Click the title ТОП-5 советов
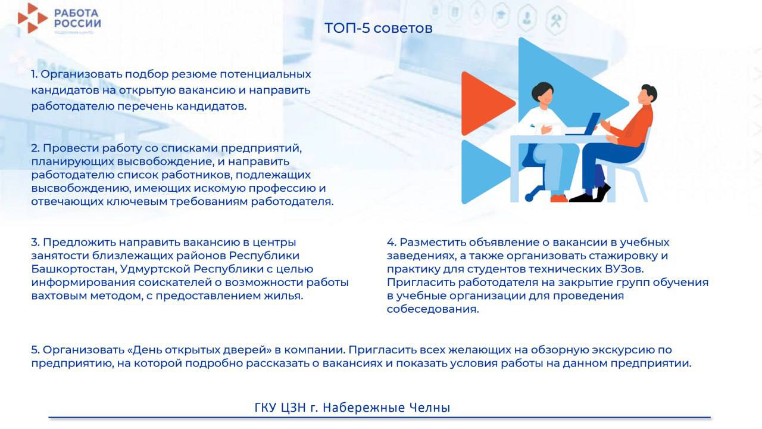pyautogui.click(x=378, y=28)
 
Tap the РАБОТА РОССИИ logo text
pyautogui.click(x=77, y=17)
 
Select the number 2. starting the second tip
pyautogui.click(x=35, y=148)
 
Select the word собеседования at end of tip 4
pyautogui.click(x=432, y=309)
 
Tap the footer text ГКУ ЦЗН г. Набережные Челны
pyautogui.click(x=352, y=408)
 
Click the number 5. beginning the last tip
pyautogui.click(x=35, y=350)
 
